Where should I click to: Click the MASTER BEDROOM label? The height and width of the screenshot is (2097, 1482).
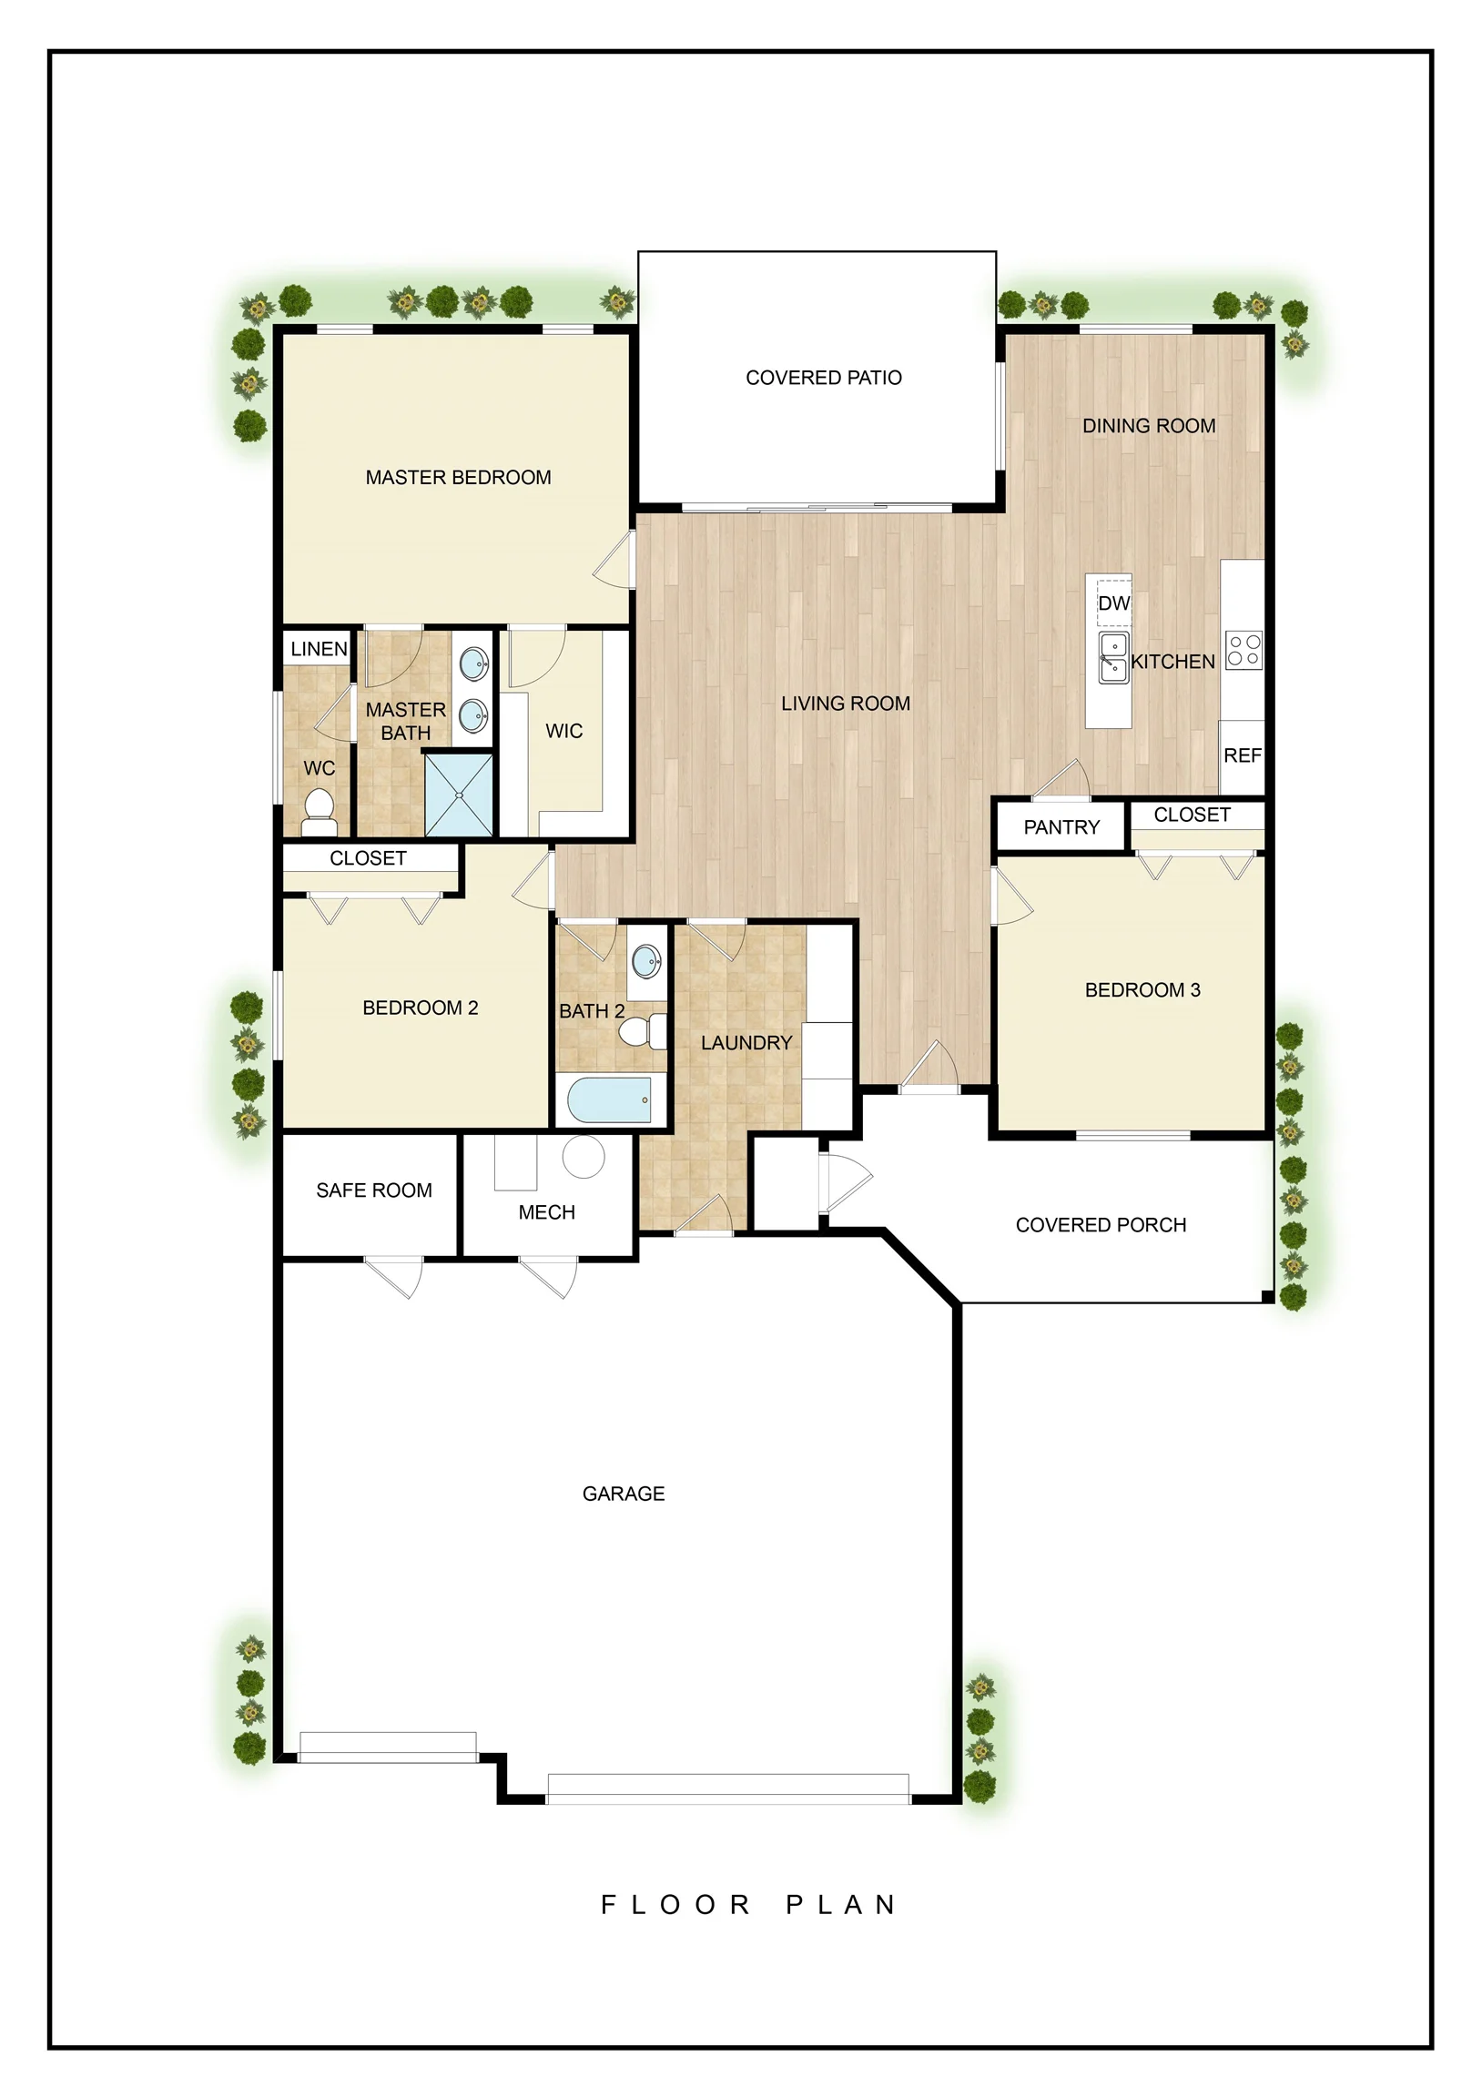click(x=458, y=478)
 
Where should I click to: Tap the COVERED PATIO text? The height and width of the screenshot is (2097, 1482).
click(x=823, y=378)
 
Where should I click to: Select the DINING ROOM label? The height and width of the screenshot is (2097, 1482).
click(x=1149, y=427)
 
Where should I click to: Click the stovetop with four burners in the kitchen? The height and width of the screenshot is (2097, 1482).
click(x=1243, y=649)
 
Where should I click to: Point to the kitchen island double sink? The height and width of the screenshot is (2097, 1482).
click(x=1114, y=658)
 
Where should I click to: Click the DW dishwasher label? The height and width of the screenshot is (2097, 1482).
click(x=1114, y=603)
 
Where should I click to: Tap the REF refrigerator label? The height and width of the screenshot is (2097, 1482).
click(x=1243, y=756)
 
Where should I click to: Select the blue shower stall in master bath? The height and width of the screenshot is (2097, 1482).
click(x=459, y=795)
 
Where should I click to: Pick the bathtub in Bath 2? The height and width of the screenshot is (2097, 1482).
click(x=609, y=1099)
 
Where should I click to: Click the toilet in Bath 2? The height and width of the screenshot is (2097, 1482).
click(x=644, y=1032)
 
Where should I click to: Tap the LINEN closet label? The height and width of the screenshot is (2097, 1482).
click(x=319, y=649)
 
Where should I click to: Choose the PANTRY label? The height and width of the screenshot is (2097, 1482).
click(x=1061, y=827)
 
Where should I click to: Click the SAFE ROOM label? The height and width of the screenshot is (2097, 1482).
click(x=374, y=1191)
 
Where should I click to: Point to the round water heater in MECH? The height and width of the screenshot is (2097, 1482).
click(x=583, y=1156)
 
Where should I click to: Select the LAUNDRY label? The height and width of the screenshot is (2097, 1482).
click(x=746, y=1043)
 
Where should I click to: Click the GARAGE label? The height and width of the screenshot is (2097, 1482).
click(x=624, y=1494)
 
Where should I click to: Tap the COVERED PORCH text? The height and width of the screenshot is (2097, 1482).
click(x=1101, y=1226)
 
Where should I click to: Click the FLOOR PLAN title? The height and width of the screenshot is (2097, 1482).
click(x=748, y=1905)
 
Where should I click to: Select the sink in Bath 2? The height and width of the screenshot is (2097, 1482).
click(x=647, y=960)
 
